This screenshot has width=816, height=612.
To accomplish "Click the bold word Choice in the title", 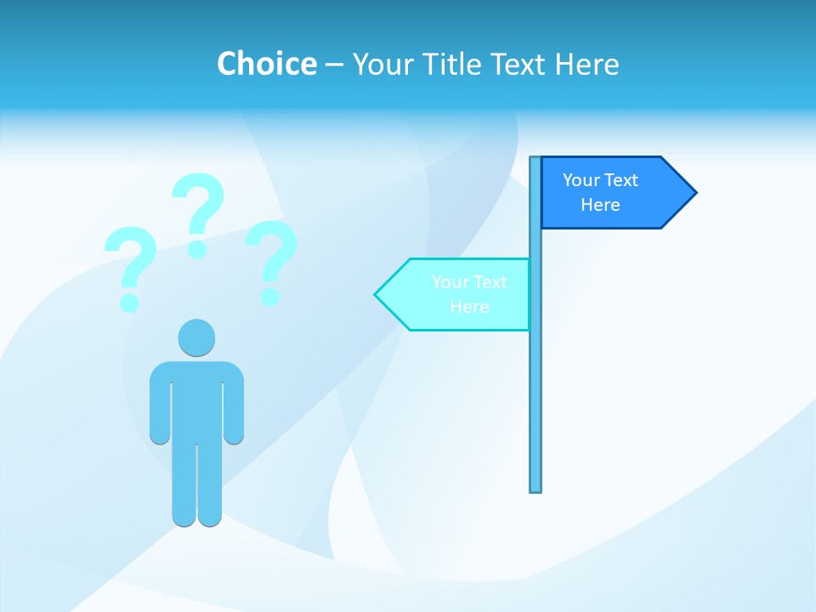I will [x=266, y=64].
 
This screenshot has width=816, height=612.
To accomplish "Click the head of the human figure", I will [x=196, y=337].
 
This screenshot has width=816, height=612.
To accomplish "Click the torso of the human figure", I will [x=197, y=399].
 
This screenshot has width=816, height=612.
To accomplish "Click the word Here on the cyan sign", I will [x=469, y=307].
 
